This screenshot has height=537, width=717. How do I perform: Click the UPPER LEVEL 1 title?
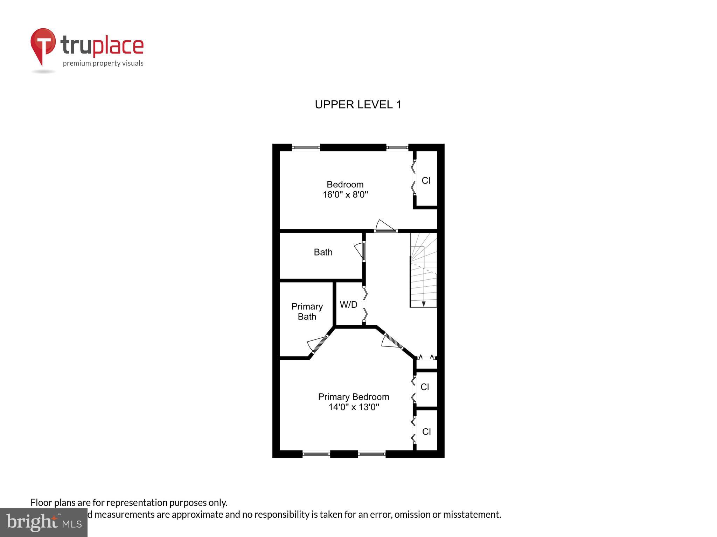point(358,105)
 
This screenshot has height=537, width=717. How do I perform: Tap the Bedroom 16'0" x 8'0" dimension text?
point(345,195)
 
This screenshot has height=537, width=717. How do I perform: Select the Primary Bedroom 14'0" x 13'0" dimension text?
point(354,407)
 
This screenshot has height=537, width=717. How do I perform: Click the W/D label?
point(348,305)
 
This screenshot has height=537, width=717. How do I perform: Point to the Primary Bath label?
point(307,312)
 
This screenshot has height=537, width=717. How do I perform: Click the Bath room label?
point(323,252)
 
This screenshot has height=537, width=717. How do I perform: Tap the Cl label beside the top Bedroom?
point(426,180)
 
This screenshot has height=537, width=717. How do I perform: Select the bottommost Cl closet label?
point(426,431)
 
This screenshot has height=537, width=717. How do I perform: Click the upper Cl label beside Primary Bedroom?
point(425,387)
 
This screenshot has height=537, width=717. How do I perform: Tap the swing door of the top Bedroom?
point(385,226)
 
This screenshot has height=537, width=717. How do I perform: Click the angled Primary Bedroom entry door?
point(392,342)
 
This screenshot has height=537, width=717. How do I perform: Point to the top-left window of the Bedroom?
point(306,148)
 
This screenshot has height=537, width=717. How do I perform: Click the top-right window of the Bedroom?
point(397,148)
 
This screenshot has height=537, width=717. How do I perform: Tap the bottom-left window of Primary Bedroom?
point(316,454)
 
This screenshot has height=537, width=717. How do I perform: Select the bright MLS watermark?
point(43,522)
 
